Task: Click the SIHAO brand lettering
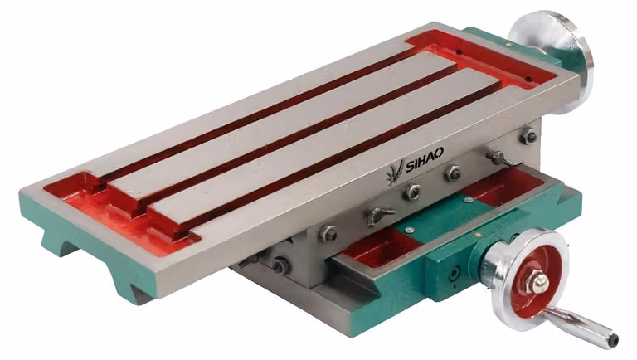pos(425,159)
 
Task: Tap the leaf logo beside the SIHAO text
pos(395,172)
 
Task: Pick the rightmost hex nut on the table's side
pos(528,136)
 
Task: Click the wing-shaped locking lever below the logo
pos(378,215)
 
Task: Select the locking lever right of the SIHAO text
pos(498,158)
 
